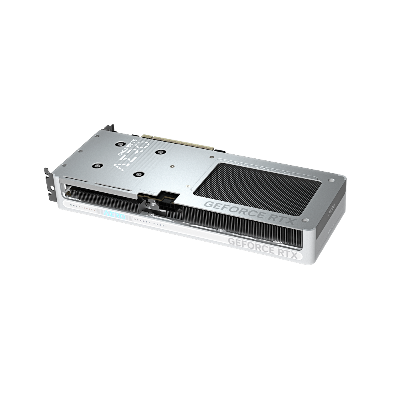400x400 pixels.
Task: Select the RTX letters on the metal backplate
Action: pyautogui.click(x=282, y=218)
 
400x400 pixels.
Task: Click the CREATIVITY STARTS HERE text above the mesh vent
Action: pyautogui.click(x=256, y=165)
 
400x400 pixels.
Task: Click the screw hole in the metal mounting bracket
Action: pyautogui.click(x=52, y=188)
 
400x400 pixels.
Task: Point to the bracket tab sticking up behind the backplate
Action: pyautogui.click(x=109, y=128)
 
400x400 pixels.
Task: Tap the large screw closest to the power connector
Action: pyautogui.click(x=139, y=174)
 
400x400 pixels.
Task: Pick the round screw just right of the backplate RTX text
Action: pyautogui.click(x=305, y=220)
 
